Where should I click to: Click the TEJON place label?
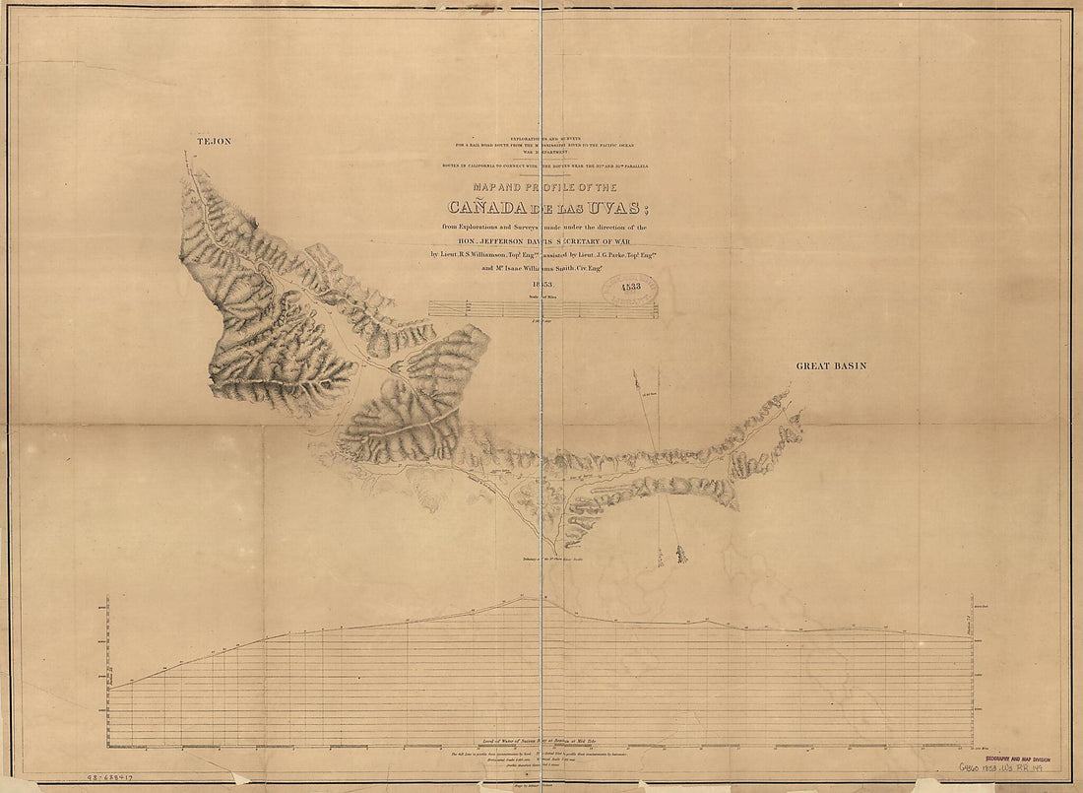[215, 142]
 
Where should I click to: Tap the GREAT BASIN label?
[831, 366]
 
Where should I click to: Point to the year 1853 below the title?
[544, 285]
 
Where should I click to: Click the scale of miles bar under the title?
[542, 308]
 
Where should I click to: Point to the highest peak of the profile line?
[523, 598]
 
